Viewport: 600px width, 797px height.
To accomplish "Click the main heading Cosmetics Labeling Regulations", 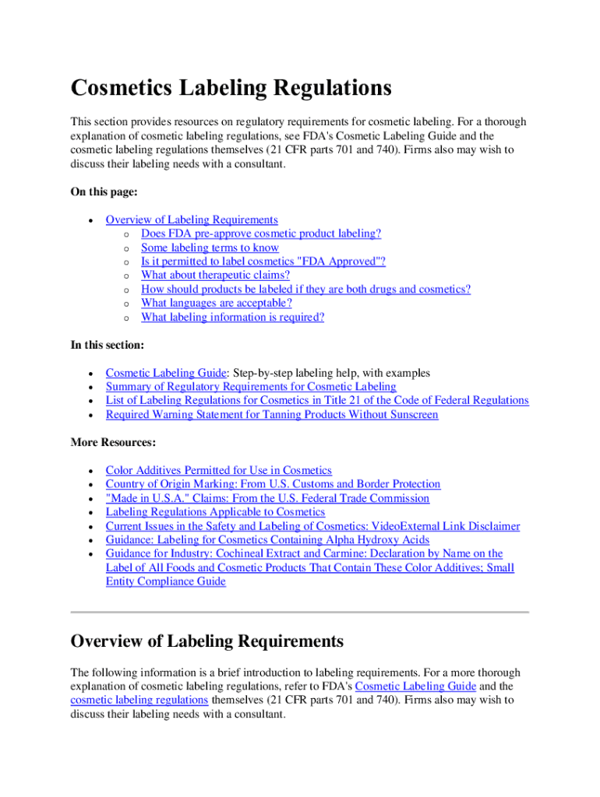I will [231, 88].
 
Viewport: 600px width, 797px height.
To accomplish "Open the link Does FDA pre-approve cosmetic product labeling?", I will [261, 233].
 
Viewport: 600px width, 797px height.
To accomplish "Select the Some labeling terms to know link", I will [210, 248].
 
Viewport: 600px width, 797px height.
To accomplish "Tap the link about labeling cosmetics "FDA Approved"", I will [263, 262].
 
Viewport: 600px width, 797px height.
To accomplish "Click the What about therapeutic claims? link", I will [215, 276].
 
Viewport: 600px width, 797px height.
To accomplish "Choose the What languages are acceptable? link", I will [216, 304].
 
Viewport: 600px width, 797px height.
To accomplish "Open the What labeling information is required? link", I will [232, 318].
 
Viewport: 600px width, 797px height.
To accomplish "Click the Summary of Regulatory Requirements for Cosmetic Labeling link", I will [251, 387].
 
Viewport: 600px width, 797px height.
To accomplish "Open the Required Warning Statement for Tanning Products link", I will [272, 415].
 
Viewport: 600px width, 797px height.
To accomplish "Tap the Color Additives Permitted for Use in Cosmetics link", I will [218, 470].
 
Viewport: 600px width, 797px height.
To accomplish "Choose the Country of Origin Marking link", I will [273, 484].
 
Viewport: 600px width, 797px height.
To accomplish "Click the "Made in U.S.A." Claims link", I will [267, 498].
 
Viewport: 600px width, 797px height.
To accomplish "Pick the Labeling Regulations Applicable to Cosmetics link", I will [215, 512].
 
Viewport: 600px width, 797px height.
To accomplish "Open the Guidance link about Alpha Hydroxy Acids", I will [267, 540].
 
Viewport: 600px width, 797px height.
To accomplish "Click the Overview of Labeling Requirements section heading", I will [206, 641].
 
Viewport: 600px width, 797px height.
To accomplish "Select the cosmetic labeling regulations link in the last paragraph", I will [139, 700].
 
